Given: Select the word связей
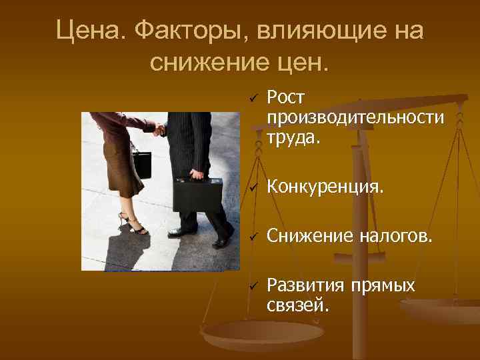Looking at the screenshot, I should tap(297, 305).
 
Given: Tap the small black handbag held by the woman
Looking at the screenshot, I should tap(141, 163).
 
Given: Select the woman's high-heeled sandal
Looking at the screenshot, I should tap(134, 225).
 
